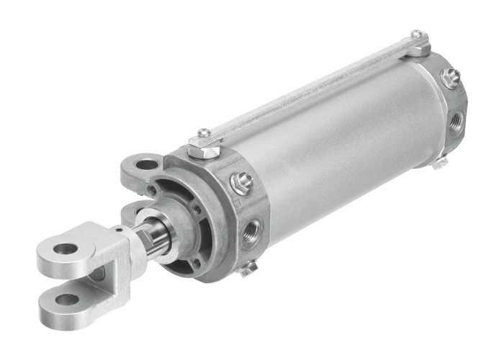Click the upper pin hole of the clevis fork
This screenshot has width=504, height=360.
66,249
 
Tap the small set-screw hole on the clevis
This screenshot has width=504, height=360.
117,230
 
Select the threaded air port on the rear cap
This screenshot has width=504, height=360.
456,122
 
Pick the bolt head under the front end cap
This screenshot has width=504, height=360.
248,269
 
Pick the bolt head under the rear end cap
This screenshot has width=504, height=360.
438,163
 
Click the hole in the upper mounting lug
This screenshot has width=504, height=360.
146,165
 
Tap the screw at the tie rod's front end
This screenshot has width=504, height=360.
204,133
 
